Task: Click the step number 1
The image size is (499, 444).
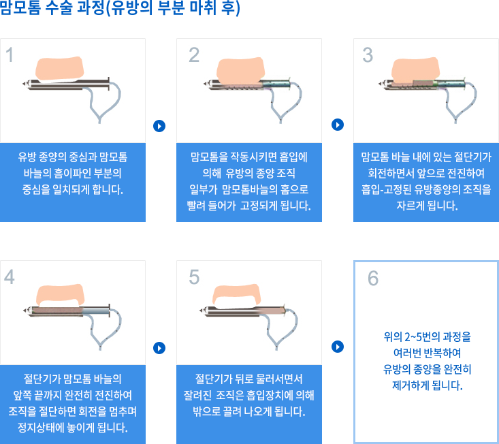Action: click(x=10, y=55)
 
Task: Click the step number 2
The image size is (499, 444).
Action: click(x=194, y=55)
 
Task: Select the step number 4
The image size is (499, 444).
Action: click(x=10, y=276)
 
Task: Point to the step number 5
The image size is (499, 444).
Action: click(x=194, y=276)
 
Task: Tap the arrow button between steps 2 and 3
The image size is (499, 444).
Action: click(x=337, y=125)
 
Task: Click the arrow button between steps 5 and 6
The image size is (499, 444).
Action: click(x=337, y=347)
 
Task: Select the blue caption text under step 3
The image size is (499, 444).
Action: click(x=426, y=181)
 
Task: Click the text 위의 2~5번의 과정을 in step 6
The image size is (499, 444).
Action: click(x=427, y=336)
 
